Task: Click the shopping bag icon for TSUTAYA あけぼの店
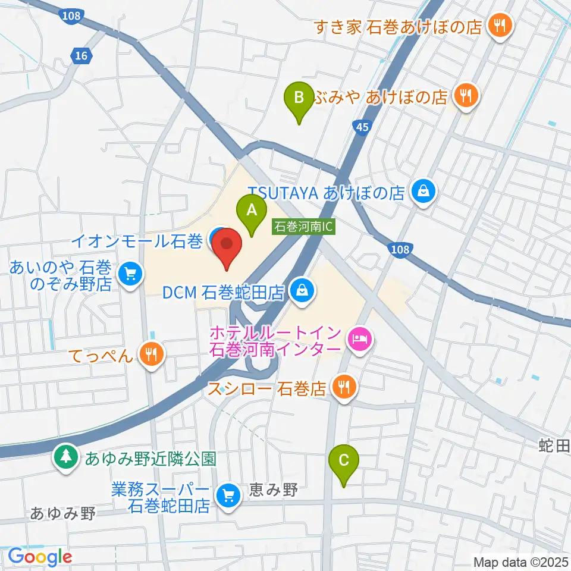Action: [x=425, y=192]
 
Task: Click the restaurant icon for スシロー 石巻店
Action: [x=344, y=388]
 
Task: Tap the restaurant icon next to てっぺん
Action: [x=151, y=356]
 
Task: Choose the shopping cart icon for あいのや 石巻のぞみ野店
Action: [x=129, y=274]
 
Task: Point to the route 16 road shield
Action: [x=81, y=56]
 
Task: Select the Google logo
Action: [x=40, y=557]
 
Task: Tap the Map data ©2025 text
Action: [x=521, y=562]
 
